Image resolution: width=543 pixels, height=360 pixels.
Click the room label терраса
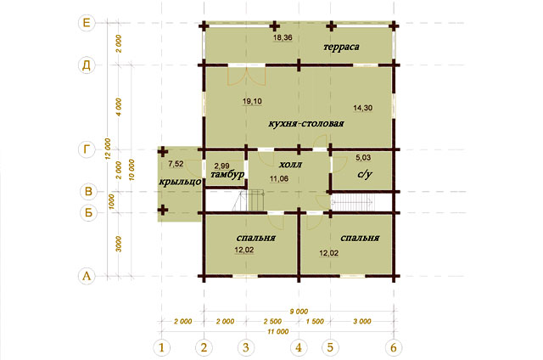[341, 47]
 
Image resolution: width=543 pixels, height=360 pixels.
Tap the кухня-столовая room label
[306, 123]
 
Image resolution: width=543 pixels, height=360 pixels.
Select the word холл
[290, 165]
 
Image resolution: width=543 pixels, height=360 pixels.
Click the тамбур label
[227, 174]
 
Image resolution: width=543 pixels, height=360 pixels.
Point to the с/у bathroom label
[365, 174]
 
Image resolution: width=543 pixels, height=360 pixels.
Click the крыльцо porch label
[180, 182]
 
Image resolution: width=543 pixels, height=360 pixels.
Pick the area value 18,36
[283, 37]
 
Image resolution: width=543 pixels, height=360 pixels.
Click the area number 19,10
[252, 102]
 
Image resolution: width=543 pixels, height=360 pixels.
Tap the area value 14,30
[363, 108]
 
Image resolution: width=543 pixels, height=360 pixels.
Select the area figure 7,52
[176, 164]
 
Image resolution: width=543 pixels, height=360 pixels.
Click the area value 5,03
[363, 158]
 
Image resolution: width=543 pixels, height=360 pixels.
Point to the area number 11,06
[279, 179]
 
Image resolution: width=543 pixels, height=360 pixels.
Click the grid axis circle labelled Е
[87, 23]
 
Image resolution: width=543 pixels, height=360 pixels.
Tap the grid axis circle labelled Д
[87, 65]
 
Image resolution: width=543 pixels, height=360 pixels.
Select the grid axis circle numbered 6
[394, 347]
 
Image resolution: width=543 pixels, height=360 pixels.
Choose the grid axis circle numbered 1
[161, 347]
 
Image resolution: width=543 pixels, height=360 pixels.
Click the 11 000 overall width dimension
[278, 332]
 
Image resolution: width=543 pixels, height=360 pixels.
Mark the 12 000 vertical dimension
[108, 149]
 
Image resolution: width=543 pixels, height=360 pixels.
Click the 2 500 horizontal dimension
[272, 322]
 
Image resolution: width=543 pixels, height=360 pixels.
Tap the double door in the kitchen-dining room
[247, 76]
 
